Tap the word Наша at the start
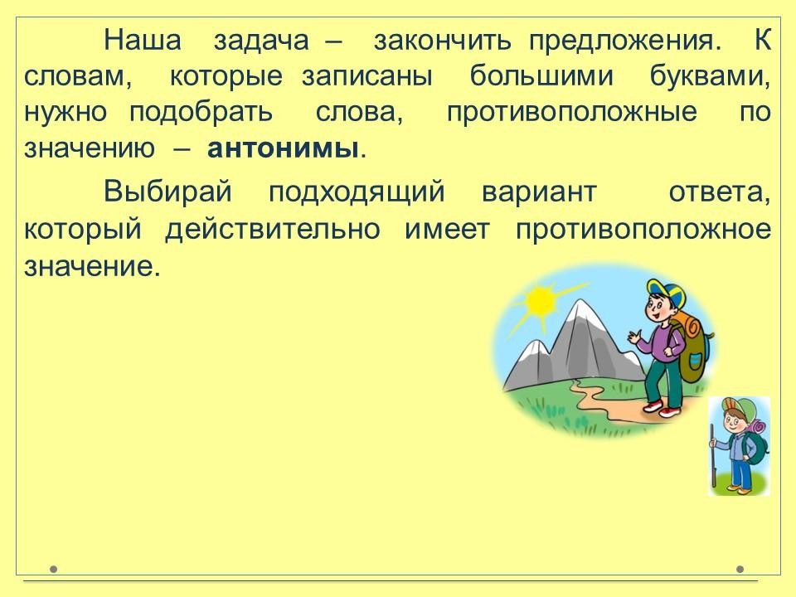143,40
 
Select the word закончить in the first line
442,40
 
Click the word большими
541,75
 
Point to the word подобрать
201,112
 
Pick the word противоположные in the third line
572,113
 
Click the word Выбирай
168,192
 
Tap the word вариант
539,192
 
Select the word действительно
273,229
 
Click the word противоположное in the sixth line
643,230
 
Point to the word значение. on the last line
92,266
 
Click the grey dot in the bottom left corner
54,569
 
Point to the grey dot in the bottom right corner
740,569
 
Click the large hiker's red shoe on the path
653,405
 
